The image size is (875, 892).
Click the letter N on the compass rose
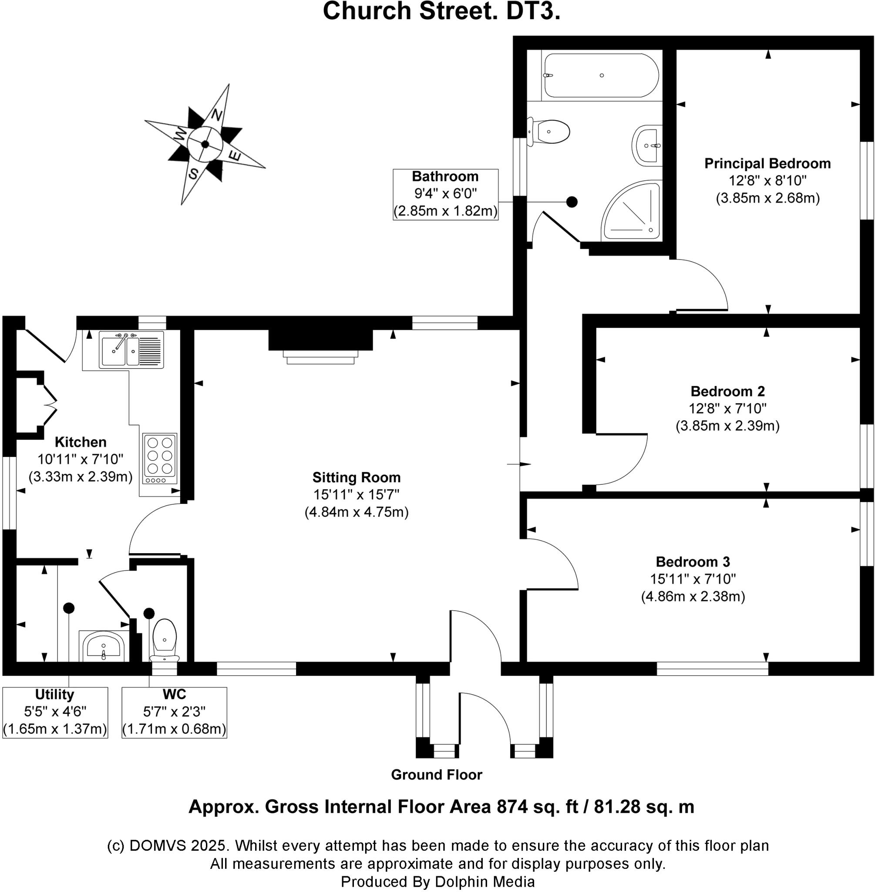pyautogui.click(x=217, y=115)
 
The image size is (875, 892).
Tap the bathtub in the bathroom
pyautogui.click(x=600, y=75)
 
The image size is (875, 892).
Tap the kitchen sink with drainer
pyautogui.click(x=131, y=350)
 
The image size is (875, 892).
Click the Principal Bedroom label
pyautogui.click(x=767, y=164)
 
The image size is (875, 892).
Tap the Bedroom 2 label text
pyautogui.click(x=727, y=391)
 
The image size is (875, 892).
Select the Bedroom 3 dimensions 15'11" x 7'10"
pyautogui.click(x=693, y=579)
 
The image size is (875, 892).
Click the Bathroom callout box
pyautogui.click(x=445, y=194)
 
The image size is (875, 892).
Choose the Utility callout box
pyautogui.click(x=55, y=712)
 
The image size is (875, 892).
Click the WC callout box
pyautogui.click(x=174, y=712)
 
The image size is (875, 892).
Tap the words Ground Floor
pyautogui.click(x=436, y=775)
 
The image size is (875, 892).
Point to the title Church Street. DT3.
pyautogui.click(x=441, y=11)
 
